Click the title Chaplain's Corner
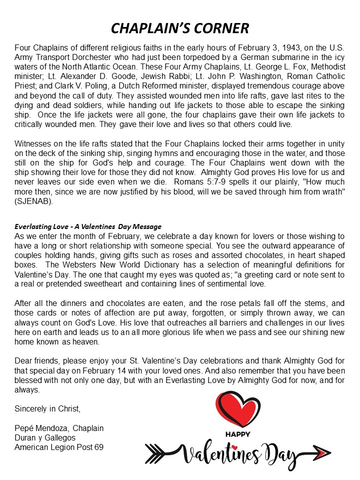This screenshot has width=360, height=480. [x=180, y=27]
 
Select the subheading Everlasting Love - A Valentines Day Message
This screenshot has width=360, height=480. [x=88, y=227]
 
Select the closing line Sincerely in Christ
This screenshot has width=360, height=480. [x=47, y=408]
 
